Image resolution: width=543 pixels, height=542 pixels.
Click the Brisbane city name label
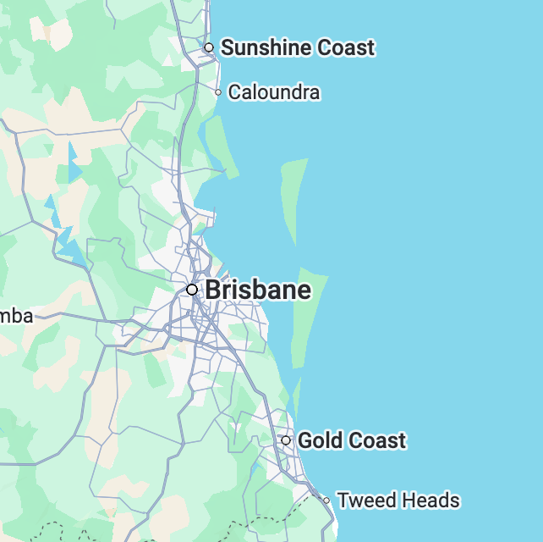[258, 290]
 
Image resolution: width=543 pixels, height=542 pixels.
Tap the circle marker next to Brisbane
[192, 290]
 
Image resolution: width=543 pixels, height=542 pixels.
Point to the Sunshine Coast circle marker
[209, 47]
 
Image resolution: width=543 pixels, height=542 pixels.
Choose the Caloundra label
[274, 92]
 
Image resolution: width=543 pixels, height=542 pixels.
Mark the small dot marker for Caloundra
[218, 92]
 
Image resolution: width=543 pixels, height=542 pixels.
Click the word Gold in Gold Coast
[319, 440]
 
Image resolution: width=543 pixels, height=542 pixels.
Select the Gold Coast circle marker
[286, 440]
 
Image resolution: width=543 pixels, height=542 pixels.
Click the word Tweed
[364, 501]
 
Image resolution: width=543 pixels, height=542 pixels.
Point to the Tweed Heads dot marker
[326, 501]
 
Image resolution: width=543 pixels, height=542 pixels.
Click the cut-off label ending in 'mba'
[17, 317]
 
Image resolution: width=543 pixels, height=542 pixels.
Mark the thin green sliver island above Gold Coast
[297, 396]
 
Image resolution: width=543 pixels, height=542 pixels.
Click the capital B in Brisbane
[214, 290]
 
